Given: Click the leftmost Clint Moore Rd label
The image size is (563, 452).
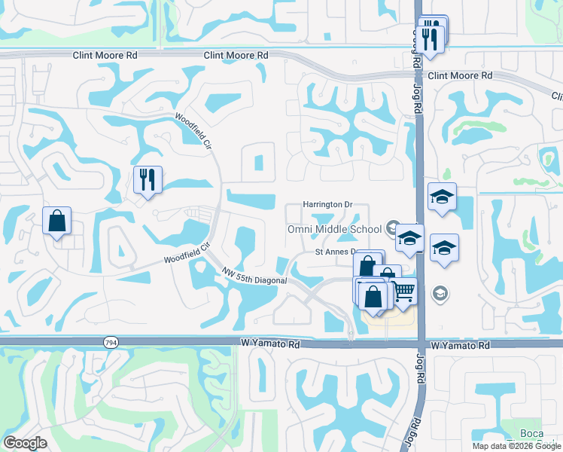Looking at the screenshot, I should [105, 56].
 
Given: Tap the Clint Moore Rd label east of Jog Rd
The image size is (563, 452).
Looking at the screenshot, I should [459, 76].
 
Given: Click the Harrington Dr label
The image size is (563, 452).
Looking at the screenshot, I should [327, 204].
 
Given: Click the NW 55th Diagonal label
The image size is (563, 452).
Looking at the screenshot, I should [255, 276].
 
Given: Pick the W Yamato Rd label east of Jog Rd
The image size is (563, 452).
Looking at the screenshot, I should [461, 345].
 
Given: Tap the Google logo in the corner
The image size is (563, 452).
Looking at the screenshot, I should [25, 443].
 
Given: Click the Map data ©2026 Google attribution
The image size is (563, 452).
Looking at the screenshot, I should [517, 446].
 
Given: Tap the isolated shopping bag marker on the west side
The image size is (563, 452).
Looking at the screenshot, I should [56, 221].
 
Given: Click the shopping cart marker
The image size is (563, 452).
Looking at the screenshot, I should [404, 290].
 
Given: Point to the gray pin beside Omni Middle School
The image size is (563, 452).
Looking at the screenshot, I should [392, 227].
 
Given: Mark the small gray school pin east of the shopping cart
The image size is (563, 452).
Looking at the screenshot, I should [440, 293].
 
